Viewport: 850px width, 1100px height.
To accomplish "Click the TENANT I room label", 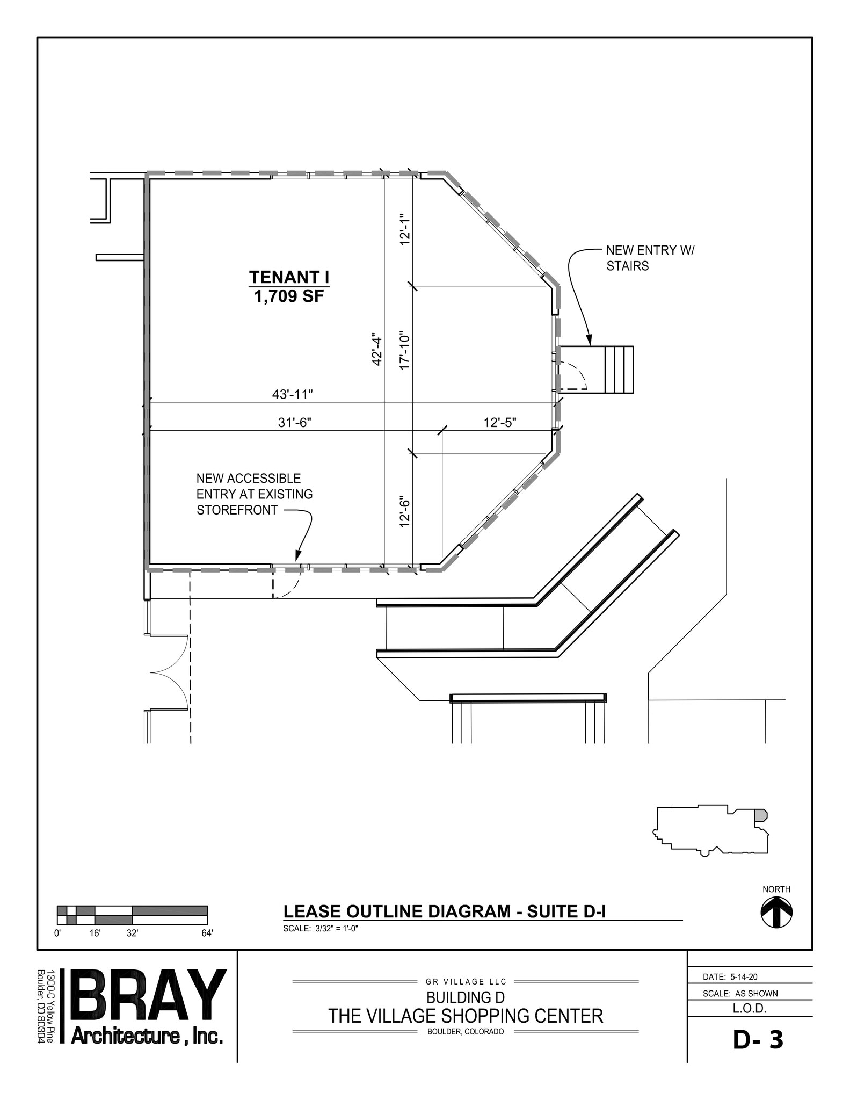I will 289,278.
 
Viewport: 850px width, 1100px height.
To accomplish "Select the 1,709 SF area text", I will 289,296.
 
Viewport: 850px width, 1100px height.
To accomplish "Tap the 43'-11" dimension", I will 292,395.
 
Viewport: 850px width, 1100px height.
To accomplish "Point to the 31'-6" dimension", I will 294,423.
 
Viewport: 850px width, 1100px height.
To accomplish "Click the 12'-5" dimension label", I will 499,423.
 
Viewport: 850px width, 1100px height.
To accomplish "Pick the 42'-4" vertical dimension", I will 377,351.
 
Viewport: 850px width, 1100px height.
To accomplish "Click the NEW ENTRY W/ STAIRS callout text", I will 649,258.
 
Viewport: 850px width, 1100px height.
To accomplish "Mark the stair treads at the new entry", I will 619,370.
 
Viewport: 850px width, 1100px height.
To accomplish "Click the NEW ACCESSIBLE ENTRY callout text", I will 254,494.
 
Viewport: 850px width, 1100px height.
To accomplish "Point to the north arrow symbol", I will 776,913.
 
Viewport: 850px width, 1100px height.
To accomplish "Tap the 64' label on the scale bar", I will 207,933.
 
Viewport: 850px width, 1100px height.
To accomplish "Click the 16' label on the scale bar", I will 95,933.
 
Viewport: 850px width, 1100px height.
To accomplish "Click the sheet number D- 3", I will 758,1040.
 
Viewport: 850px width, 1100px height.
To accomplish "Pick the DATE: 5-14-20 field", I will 730,977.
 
